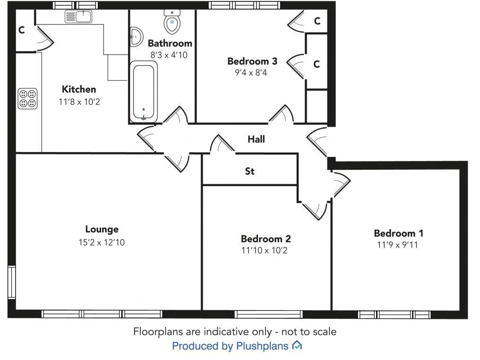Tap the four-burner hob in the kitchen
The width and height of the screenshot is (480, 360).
pyautogui.click(x=27, y=98)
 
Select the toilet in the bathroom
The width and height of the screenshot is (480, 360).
pyautogui.click(x=172, y=21)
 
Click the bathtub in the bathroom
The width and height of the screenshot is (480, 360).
pyautogui.click(x=143, y=92)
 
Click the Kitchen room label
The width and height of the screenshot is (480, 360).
pyautogui.click(x=79, y=89)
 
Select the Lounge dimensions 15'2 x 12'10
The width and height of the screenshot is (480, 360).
pyautogui.click(x=102, y=242)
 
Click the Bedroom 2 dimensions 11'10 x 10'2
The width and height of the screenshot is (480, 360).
pyautogui.click(x=266, y=250)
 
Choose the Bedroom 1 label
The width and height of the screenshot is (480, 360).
pyautogui.click(x=398, y=233)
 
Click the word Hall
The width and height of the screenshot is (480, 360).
pyautogui.click(x=256, y=139)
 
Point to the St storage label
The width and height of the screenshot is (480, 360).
pyautogui.click(x=249, y=171)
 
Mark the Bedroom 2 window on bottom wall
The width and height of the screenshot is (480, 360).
pyautogui.click(x=269, y=314)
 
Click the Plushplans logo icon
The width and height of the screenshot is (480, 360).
pyautogui.click(x=297, y=346)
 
